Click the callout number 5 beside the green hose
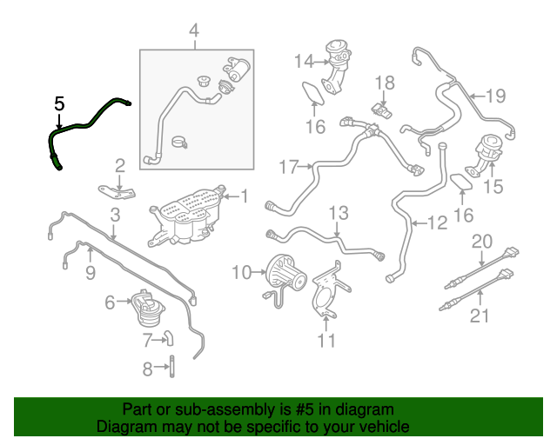click(x=60, y=103)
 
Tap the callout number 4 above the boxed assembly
click(x=194, y=30)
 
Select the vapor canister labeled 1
click(x=185, y=216)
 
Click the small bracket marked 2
click(x=117, y=191)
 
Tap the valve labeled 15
click(x=485, y=155)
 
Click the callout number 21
click(x=480, y=315)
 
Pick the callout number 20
click(x=481, y=242)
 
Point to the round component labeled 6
click(x=147, y=308)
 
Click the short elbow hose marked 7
click(x=169, y=337)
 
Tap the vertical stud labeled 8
click(x=172, y=366)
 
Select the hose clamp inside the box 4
click(x=179, y=143)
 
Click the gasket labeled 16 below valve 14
click(x=313, y=93)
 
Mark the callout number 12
click(x=437, y=222)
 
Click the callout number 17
click(x=289, y=167)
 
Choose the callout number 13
click(x=339, y=213)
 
